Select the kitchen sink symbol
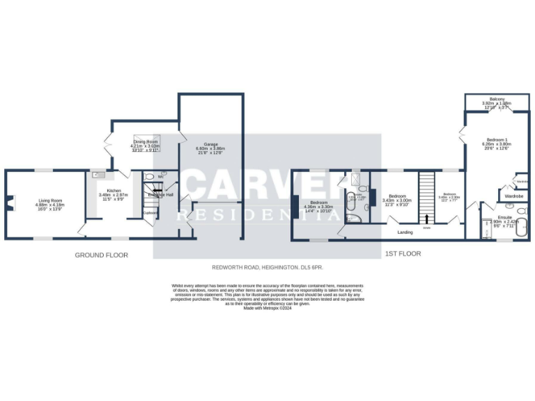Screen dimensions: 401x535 pyautogui.click(x=98, y=175)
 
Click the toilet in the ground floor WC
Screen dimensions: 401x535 pyautogui.click(x=164, y=176)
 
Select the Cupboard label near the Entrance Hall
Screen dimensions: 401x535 pyautogui.click(x=150, y=212)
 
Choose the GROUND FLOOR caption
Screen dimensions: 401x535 pyautogui.click(x=102, y=255)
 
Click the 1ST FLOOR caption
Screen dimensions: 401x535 pyautogui.click(x=403, y=254)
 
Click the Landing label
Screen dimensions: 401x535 pyautogui.click(x=405, y=232)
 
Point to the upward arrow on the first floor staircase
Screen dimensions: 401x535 pyautogui.click(x=426, y=219)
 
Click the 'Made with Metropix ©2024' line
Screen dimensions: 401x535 pyautogui.click(x=267, y=308)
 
